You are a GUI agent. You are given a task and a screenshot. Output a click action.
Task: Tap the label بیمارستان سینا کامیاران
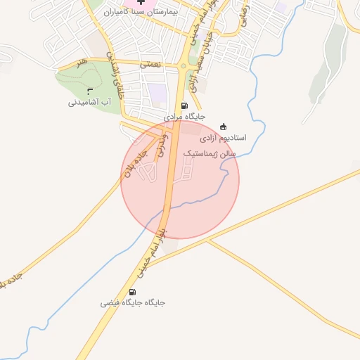(141, 13)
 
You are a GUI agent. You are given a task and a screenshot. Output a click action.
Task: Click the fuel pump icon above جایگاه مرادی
(184, 106)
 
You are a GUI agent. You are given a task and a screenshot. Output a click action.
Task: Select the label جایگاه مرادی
(184, 117)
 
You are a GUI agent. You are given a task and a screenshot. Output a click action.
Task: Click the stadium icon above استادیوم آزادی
(224, 127)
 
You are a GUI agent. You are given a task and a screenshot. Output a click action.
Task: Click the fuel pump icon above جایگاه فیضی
(132, 292)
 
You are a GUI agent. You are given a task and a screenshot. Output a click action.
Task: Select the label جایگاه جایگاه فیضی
(132, 303)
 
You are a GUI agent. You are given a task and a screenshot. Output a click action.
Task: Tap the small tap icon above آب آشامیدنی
(89, 91)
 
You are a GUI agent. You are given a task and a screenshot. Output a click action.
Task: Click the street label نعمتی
(150, 63)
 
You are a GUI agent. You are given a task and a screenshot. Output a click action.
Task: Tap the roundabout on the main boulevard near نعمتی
(184, 69)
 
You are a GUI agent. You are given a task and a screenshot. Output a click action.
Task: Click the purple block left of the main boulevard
(157, 92)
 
